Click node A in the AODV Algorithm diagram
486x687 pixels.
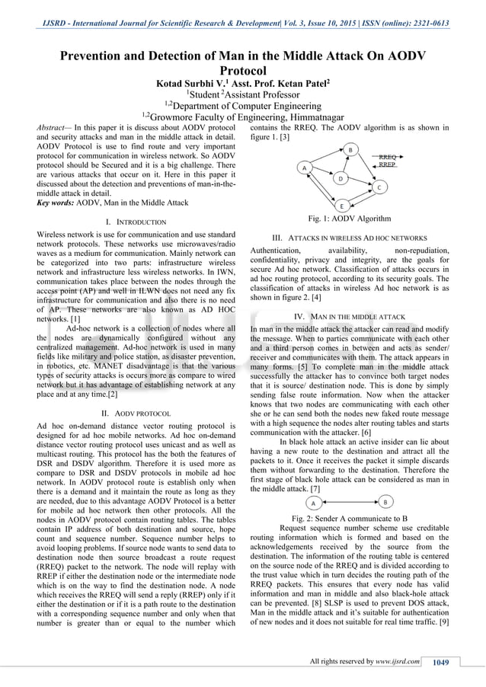coord(303,167)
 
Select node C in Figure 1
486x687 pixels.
coord(378,187)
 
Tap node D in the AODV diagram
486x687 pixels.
coord(341,177)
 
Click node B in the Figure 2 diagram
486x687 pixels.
coord(385,503)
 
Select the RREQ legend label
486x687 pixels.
coord(388,155)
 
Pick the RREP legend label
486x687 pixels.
coord(388,164)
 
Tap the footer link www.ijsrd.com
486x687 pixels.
coord(398,662)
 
